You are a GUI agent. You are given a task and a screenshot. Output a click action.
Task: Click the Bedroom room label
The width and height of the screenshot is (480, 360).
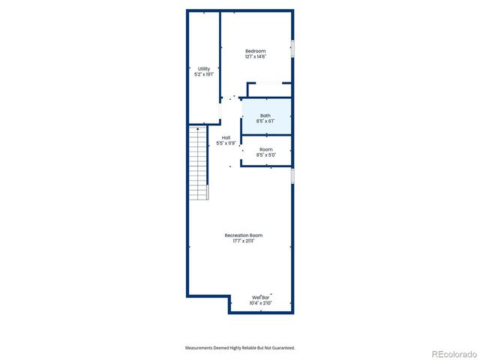[x=256, y=51]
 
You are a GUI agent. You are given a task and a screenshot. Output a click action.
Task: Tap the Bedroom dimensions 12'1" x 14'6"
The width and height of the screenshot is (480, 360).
[x=256, y=57]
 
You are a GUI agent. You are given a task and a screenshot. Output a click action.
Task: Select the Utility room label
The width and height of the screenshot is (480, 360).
[x=204, y=69]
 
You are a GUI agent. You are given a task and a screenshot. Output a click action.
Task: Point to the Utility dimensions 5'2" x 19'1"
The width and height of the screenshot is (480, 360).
[x=204, y=75]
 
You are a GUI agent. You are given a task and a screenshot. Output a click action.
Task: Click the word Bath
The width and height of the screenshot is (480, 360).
[x=266, y=115]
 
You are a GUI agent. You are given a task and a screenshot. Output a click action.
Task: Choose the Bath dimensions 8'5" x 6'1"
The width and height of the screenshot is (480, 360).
[x=266, y=121]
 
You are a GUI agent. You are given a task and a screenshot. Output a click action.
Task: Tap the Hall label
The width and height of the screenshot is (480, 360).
[x=226, y=137]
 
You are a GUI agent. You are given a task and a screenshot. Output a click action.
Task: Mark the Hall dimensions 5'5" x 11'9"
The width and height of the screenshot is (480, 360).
[x=226, y=143]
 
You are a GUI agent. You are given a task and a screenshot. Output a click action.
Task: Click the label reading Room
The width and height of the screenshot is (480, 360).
[x=266, y=149]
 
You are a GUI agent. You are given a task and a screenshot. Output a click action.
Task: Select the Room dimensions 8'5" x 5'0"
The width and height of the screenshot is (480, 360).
[x=266, y=155]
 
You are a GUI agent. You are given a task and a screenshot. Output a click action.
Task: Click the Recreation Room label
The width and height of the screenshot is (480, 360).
[x=244, y=235]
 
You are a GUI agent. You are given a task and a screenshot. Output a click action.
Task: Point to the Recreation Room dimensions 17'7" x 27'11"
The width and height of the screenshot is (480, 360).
[x=244, y=241]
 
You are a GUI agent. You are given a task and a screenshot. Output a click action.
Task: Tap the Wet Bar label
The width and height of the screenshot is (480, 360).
[x=261, y=298]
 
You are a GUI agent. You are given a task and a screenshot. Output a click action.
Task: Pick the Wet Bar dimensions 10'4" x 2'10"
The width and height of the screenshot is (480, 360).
[x=261, y=304]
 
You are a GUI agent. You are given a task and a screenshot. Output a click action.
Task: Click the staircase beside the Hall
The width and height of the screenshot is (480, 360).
[x=198, y=165]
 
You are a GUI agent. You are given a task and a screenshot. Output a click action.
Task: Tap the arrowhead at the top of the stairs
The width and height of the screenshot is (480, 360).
[x=198, y=129]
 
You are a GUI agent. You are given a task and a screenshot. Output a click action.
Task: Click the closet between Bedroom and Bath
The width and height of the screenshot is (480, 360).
[x=269, y=91]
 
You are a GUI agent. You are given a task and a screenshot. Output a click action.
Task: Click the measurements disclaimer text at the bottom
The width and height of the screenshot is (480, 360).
[x=240, y=347]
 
